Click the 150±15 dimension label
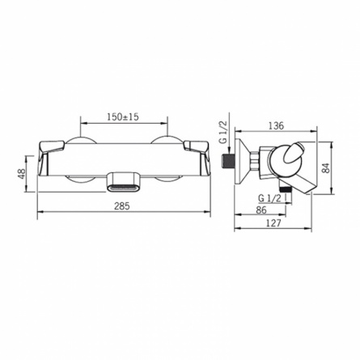[123, 117]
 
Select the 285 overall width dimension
[122, 206]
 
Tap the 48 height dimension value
[21, 173]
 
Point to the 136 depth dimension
[277, 125]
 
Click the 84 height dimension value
[327, 168]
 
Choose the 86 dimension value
[261, 210]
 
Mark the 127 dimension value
[273, 223]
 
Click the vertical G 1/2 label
[223, 132]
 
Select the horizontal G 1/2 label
[269, 198]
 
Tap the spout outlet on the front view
[124, 182]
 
